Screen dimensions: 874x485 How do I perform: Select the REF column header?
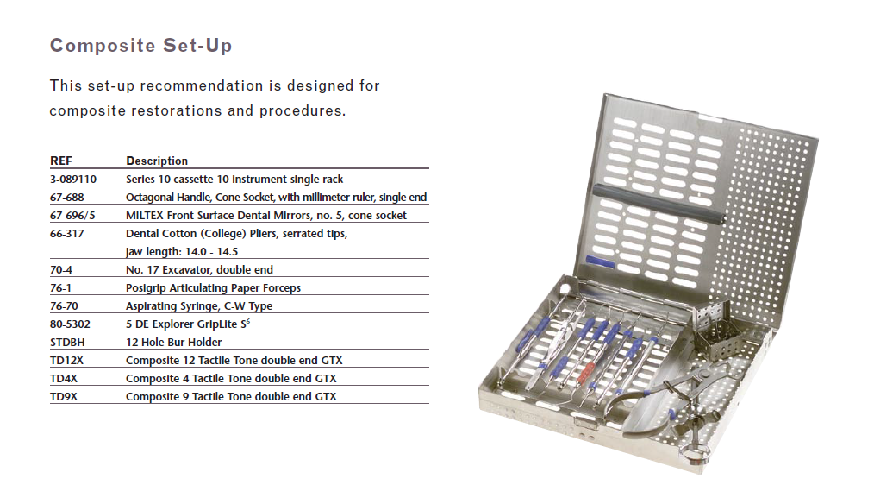pos(60,161)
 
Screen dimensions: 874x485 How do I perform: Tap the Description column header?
pos(157,161)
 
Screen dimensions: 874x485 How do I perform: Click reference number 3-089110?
pos(73,180)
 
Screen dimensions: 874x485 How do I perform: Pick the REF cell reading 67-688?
pos(67,197)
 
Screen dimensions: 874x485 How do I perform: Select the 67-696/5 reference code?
pos(72,216)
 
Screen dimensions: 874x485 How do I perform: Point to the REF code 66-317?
pos(67,233)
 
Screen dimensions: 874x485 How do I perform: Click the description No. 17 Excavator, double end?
pos(199,269)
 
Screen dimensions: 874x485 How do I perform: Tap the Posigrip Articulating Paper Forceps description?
pos(213,288)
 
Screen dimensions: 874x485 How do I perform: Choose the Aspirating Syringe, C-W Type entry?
pos(199,305)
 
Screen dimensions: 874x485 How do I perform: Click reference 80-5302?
pos(70,324)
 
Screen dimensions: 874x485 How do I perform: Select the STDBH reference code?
pos(67,342)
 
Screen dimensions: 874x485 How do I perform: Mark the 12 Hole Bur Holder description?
pos(173,342)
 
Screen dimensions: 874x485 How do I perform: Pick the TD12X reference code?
pos(66,361)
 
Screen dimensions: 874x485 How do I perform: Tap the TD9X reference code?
pos(64,397)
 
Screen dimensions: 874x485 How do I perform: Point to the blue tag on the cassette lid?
pos(600,261)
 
